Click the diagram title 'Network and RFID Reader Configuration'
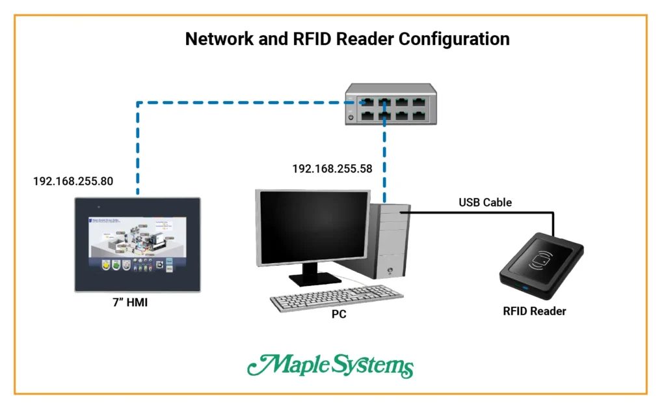(x=347, y=38)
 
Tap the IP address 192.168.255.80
(x=73, y=181)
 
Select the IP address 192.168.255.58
(x=332, y=169)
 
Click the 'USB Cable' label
(x=485, y=203)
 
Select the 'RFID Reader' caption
(x=534, y=311)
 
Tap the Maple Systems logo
(x=330, y=366)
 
